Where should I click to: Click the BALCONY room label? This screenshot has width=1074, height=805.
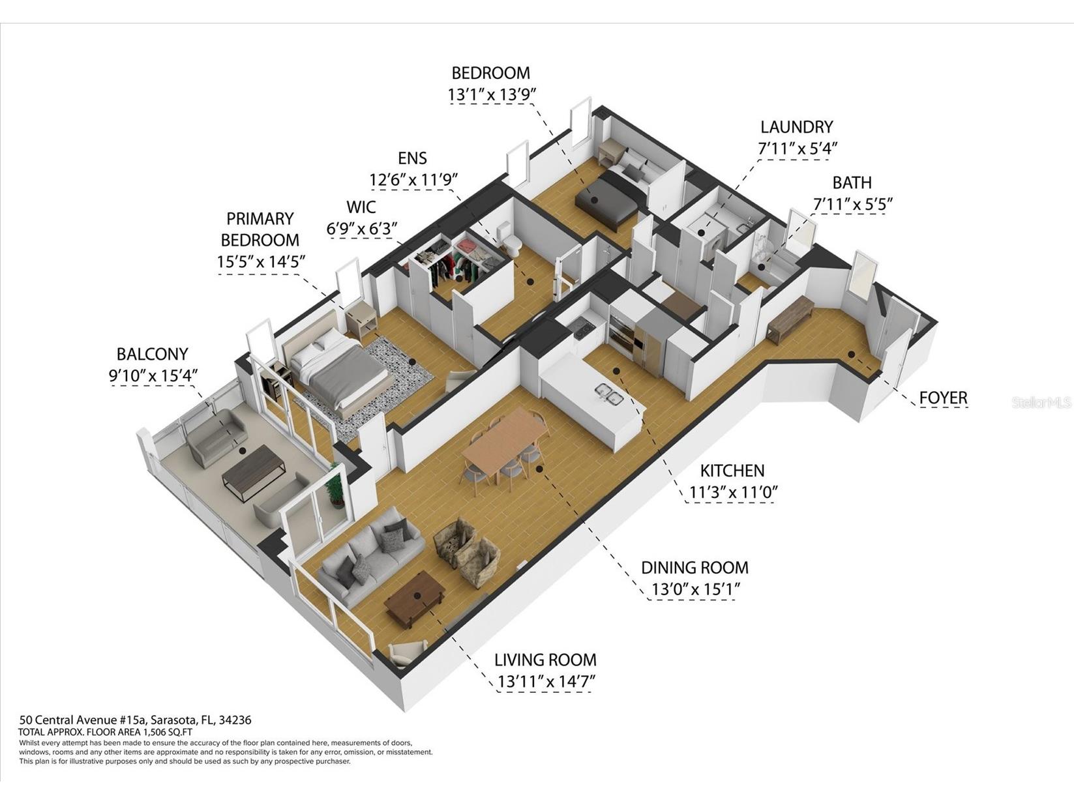click(x=152, y=354)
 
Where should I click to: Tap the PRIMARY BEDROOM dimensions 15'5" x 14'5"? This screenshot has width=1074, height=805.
click(x=261, y=262)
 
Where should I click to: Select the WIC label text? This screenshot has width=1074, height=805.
click(x=361, y=207)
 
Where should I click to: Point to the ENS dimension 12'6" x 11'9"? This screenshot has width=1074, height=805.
click(x=413, y=179)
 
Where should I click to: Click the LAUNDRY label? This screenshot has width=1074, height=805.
click(x=796, y=127)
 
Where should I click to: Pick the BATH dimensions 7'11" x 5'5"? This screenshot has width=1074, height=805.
click(x=852, y=204)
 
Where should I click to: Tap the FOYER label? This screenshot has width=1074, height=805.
click(x=943, y=398)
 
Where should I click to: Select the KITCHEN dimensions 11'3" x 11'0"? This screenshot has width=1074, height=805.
click(x=732, y=492)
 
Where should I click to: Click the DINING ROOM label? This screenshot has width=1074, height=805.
click(x=694, y=567)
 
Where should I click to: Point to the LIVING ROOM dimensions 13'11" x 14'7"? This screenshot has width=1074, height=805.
click(x=546, y=682)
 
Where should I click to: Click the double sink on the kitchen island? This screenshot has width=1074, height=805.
click(x=608, y=392)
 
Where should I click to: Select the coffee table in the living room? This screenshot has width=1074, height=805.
click(x=415, y=598)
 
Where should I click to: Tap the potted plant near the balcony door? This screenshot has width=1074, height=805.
click(x=336, y=486)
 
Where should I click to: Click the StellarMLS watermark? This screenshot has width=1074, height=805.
click(x=1041, y=403)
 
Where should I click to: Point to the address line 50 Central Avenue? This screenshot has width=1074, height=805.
click(x=135, y=720)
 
